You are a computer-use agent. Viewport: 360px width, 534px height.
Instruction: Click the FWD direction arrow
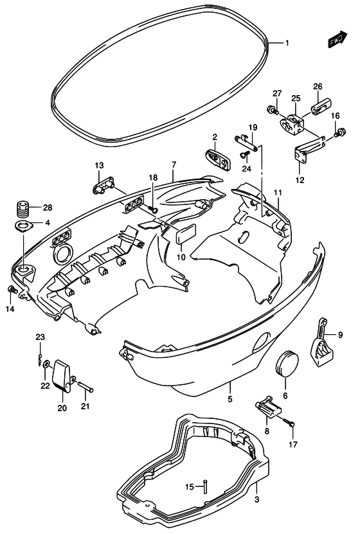[337, 39]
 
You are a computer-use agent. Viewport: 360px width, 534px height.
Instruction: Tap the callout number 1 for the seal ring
[287, 43]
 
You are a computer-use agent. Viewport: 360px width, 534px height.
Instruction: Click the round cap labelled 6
[286, 363]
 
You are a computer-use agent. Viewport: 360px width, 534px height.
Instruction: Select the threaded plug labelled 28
[22, 208]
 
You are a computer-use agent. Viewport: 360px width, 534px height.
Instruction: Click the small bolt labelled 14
[12, 289]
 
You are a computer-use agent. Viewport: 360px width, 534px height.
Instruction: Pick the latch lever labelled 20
[61, 376]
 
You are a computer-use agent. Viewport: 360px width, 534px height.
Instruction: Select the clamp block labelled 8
[268, 406]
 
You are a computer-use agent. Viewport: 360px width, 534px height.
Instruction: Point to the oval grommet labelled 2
[219, 159]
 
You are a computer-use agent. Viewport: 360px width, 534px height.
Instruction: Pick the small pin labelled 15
[205, 486]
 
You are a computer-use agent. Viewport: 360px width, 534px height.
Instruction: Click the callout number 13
[99, 166]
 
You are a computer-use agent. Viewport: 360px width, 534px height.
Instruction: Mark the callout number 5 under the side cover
[230, 398]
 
